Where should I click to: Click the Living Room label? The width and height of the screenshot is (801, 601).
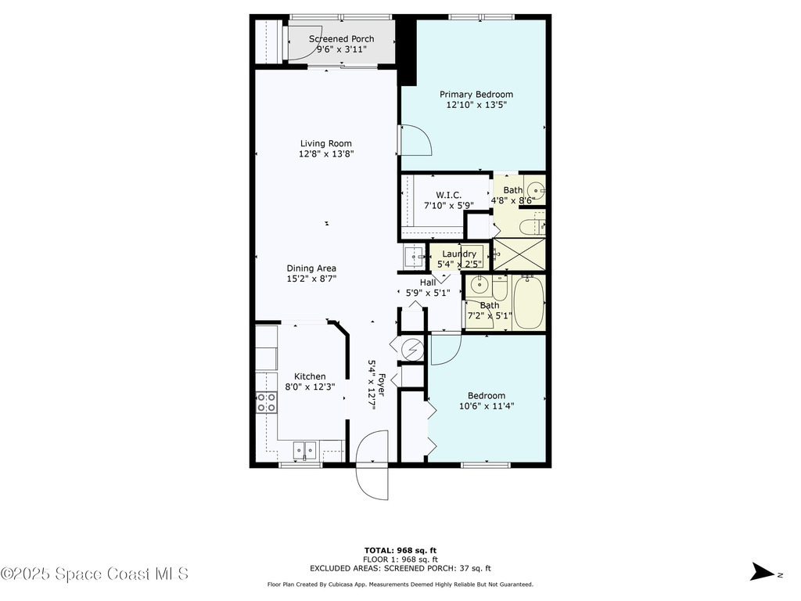(x=325, y=143)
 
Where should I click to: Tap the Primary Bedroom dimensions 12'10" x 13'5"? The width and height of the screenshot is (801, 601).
(x=476, y=105)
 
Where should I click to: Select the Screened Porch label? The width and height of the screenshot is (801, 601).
(x=341, y=39)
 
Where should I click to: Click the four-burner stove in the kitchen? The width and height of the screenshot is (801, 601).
(x=266, y=402)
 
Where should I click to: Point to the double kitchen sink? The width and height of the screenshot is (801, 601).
(x=304, y=450)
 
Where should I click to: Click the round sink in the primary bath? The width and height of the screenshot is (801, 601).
(x=535, y=189)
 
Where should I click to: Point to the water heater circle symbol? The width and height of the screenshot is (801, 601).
(x=411, y=347)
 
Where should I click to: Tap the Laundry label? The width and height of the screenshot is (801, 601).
(x=459, y=254)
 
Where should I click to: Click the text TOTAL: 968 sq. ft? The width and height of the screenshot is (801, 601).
(x=400, y=550)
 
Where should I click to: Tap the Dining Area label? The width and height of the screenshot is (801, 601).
(x=311, y=268)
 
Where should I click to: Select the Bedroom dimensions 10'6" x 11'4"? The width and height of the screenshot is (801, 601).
(x=486, y=406)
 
